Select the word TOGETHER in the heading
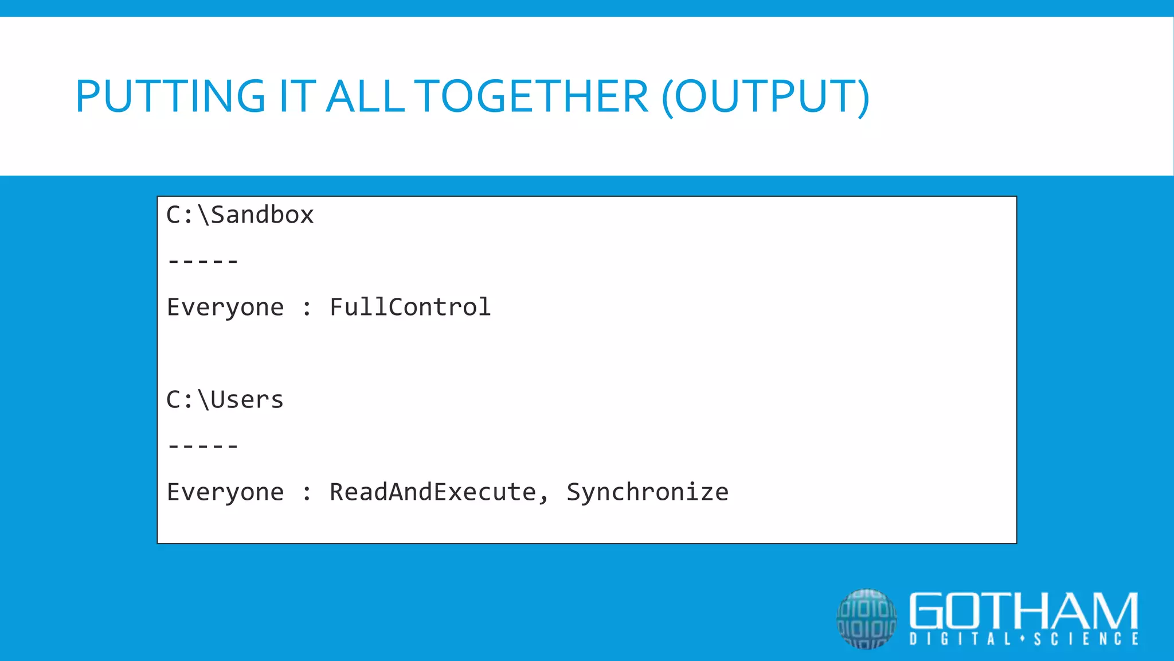point(531,96)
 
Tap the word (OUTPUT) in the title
point(766,96)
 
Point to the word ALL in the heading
point(366,96)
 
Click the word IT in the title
point(297,96)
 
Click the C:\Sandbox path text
point(240,215)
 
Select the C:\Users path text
point(225,400)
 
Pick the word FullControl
point(410,308)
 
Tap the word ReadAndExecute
point(433,492)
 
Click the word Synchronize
point(647,492)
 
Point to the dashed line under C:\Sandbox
point(203,262)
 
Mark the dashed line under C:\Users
point(203,446)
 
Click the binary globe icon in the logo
point(866,619)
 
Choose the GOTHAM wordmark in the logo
point(1023,611)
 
